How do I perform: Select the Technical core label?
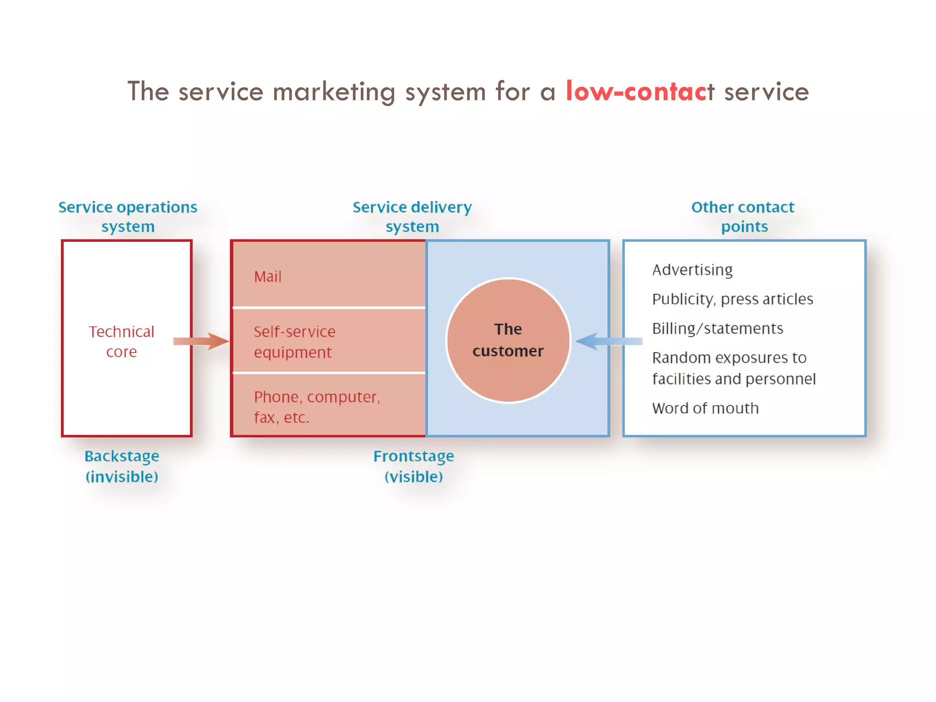click(x=122, y=341)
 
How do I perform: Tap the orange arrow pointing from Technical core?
click(x=201, y=341)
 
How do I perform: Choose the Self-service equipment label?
click(x=294, y=342)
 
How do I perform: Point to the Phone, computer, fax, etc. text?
click(x=317, y=407)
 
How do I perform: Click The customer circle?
click(x=508, y=340)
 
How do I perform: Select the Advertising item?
click(x=692, y=270)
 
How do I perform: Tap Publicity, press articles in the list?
click(x=732, y=299)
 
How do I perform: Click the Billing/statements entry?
click(x=718, y=329)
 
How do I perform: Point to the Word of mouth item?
click(x=705, y=408)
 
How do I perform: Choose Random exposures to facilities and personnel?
click(x=734, y=368)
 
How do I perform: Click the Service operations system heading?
click(x=128, y=217)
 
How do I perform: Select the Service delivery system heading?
click(x=412, y=217)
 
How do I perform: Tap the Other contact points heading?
click(x=743, y=217)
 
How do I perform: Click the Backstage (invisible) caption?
click(x=122, y=466)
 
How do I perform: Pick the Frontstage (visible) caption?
click(x=414, y=466)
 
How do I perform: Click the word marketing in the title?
click(x=334, y=92)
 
